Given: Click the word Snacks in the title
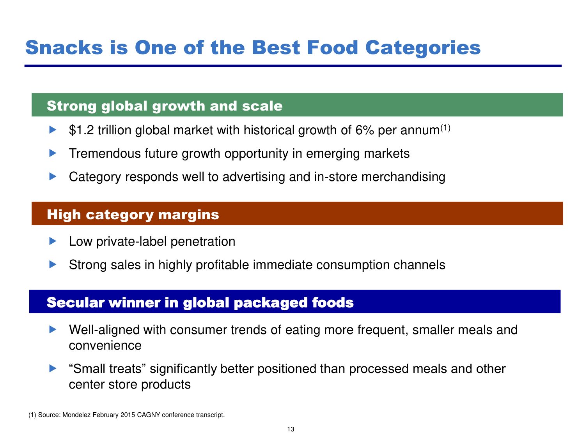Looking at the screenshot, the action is coord(64,47).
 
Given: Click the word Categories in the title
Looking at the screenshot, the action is coord(423,48).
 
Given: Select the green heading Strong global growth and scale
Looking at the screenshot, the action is coord(165,106).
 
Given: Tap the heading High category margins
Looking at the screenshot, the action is coord(133,215).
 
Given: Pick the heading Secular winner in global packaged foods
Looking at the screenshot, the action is coord(200,303).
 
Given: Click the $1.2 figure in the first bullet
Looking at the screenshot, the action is coord(81,130).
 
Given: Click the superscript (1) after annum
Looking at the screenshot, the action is coord(445,128).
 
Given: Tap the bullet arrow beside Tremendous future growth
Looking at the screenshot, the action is coord(53,153).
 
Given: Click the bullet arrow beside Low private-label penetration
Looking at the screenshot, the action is coord(53,241).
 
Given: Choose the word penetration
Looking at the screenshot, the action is coord(203,242).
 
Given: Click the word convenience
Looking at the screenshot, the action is coord(105,346).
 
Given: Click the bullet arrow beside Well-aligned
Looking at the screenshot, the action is coord(53,330).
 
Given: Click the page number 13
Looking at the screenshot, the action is coord(291,429).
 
